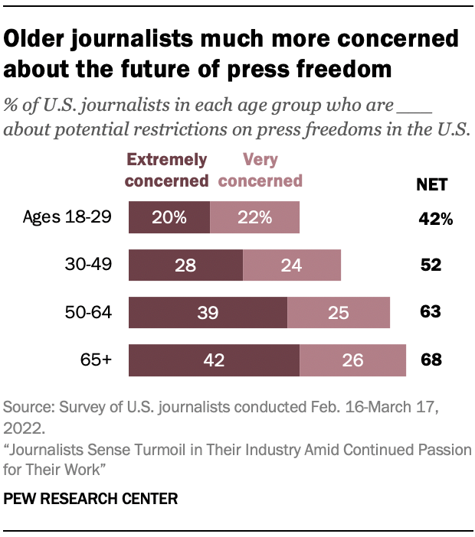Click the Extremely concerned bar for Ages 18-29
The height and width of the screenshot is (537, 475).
tap(169, 218)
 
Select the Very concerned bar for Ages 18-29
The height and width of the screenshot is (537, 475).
tap(254, 218)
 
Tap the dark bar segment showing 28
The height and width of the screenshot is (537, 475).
tap(185, 265)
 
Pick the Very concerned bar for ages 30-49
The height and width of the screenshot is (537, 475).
tap(292, 265)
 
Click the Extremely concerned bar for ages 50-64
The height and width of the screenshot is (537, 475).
tap(208, 313)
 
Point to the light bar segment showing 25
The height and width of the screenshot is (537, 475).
tap(339, 313)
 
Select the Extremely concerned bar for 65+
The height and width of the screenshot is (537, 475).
tap(214, 360)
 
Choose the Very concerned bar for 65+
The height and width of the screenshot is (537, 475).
tap(352, 360)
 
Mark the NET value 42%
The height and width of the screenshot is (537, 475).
tap(435, 219)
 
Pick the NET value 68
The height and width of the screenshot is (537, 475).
tap(431, 360)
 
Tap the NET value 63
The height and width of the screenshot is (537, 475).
tap(431, 313)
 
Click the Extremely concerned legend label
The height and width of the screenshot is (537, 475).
tap(167, 171)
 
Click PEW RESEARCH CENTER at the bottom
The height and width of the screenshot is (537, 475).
tap(91, 499)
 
